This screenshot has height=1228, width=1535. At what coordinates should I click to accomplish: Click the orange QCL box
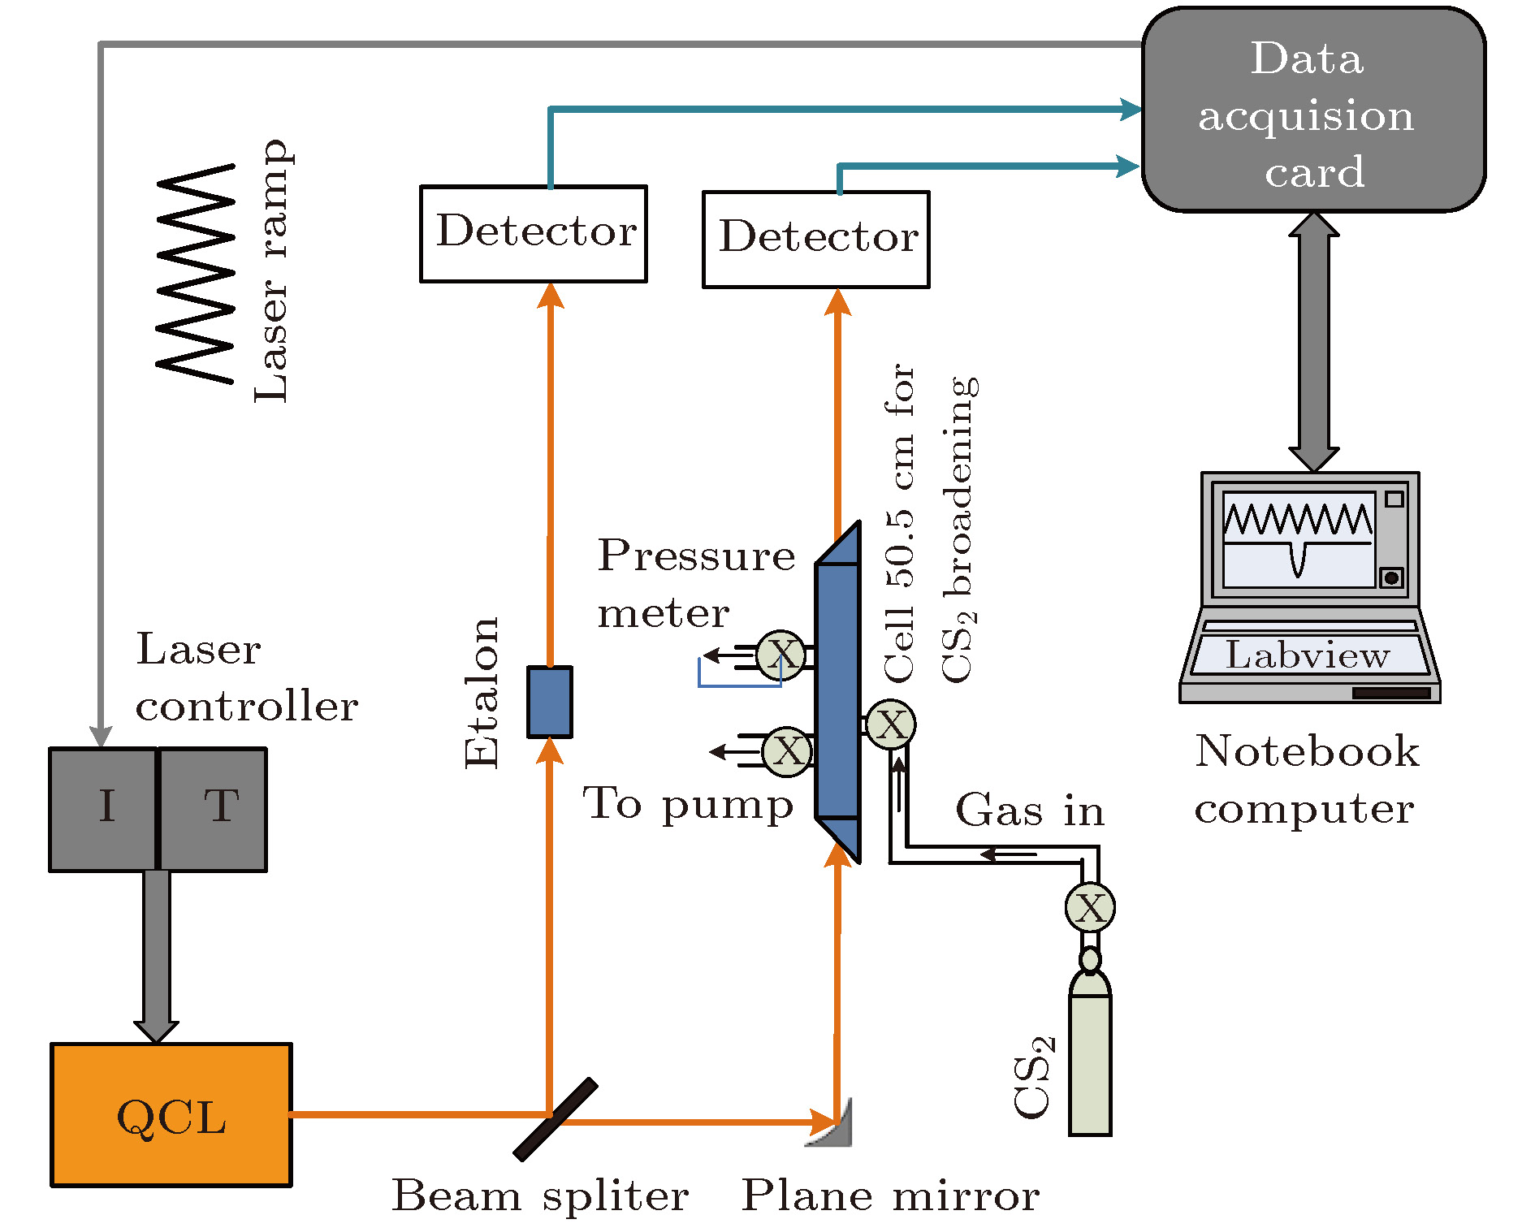pyautogui.click(x=171, y=1114)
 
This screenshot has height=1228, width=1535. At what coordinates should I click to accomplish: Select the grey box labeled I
pyautogui.click(x=103, y=809)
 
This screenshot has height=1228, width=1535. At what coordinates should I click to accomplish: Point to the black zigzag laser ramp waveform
pyautogui.click(x=196, y=273)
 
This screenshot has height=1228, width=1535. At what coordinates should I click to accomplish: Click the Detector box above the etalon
pyautogui.click(x=534, y=234)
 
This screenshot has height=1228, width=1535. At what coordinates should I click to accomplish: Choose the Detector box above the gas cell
pyautogui.click(x=815, y=240)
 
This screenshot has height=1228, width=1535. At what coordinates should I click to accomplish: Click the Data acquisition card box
pyautogui.click(x=1312, y=110)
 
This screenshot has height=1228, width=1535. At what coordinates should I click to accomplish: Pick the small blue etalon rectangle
pyautogui.click(x=550, y=702)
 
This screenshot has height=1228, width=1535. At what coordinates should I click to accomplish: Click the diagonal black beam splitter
pyautogui.click(x=556, y=1119)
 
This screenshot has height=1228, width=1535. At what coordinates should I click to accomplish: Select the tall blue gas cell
pyautogui.click(x=837, y=690)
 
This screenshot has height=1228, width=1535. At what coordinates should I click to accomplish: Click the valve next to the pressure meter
pyautogui.click(x=781, y=655)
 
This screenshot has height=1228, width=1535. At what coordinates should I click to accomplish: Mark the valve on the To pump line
pyautogui.click(x=787, y=751)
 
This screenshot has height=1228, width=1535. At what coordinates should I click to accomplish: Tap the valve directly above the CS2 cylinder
pyautogui.click(x=1090, y=907)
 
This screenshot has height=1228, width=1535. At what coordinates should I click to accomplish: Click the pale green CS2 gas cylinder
pyautogui.click(x=1090, y=1056)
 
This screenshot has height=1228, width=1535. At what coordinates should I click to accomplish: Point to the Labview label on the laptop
pyautogui.click(x=1308, y=655)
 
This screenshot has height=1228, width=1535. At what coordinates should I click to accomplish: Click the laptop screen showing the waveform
pyautogui.click(x=1298, y=539)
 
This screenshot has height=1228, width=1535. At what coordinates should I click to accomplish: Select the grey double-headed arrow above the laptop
pyautogui.click(x=1313, y=341)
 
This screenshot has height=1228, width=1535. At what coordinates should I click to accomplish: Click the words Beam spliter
pyautogui.click(x=540, y=1196)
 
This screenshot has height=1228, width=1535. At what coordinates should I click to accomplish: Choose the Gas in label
pyautogui.click(x=1030, y=811)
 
